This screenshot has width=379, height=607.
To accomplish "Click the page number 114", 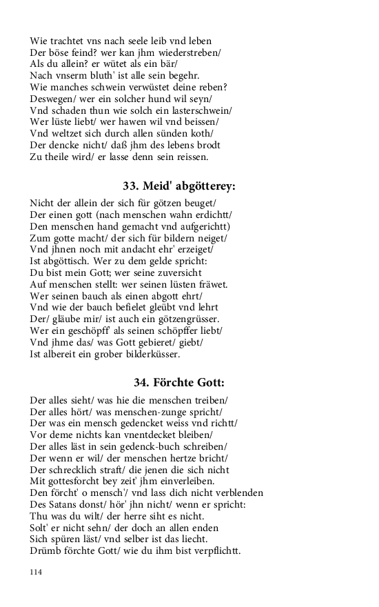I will coord(37,572).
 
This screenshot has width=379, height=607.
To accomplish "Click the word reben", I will coord(212,87).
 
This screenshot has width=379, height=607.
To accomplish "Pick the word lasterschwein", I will coord(198,110).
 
